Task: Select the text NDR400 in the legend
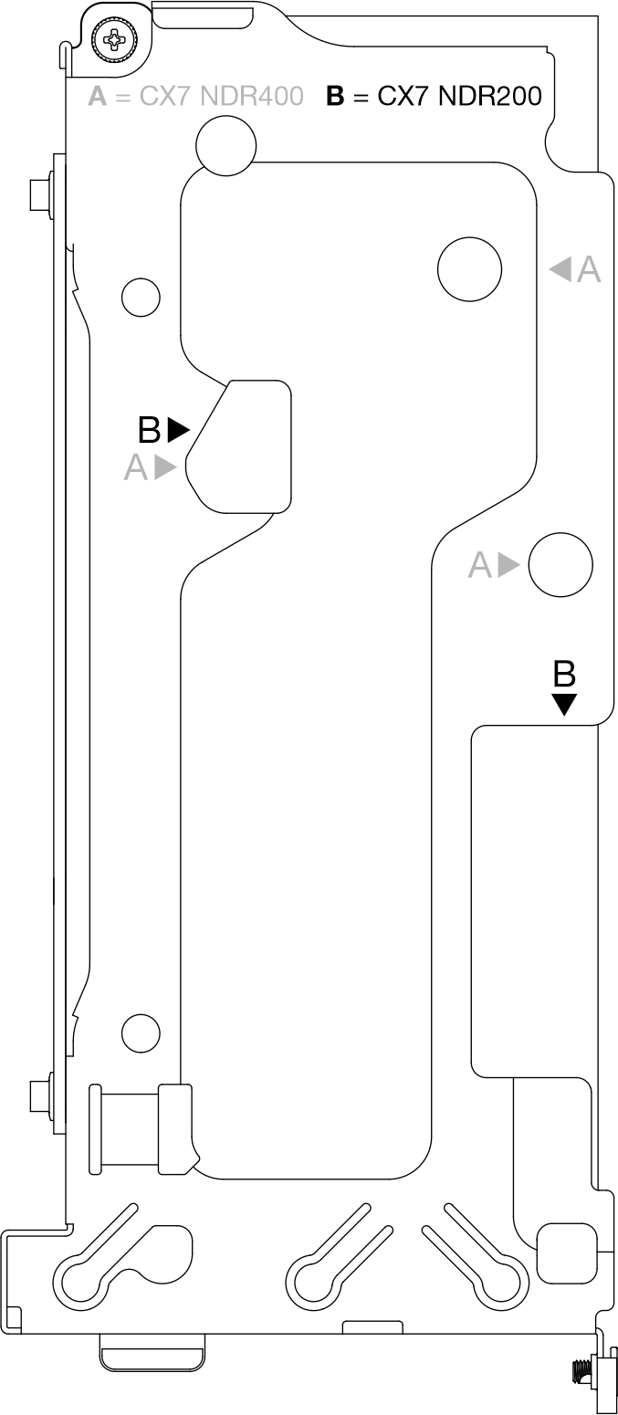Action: click(x=252, y=96)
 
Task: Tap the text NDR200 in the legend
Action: click(x=489, y=96)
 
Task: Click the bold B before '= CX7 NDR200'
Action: click(x=336, y=96)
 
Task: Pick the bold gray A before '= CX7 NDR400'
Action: click(x=98, y=96)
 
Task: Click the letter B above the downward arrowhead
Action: click(x=564, y=674)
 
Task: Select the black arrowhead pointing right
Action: click(x=179, y=430)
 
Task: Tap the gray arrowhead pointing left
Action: click(x=560, y=269)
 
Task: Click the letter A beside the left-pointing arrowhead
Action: click(x=589, y=269)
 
